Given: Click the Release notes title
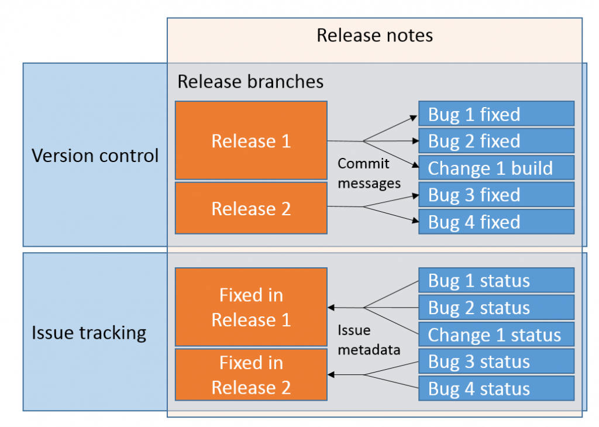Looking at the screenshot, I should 374,35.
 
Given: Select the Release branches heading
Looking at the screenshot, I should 250,81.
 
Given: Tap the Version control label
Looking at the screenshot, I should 95,156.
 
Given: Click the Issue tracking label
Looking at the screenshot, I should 88,333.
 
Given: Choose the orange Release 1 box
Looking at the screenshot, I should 251,140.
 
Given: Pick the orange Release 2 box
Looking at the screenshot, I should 251,208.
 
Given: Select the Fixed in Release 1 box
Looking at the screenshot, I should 251,307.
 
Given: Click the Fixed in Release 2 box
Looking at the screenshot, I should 251,375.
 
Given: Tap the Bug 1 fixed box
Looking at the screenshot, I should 496,113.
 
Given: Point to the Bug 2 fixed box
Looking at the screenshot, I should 496,140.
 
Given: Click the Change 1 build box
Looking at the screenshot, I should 496,168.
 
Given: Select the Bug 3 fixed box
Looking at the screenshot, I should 496,195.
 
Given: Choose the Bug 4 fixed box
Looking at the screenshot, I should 496,222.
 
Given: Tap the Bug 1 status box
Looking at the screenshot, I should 496,281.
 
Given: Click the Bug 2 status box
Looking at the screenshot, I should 496,308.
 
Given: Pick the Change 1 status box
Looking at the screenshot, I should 496,335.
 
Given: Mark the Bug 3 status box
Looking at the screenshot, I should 496,361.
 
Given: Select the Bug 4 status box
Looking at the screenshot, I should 496,388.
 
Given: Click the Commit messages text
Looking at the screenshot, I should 369,173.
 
